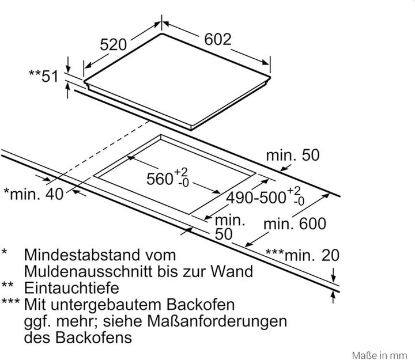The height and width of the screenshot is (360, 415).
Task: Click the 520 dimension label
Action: pyautogui.click(x=114, y=44)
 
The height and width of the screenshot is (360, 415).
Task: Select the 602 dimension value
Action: pyautogui.click(x=218, y=39)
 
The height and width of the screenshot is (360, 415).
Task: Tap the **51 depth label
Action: pyautogui.click(x=43, y=76)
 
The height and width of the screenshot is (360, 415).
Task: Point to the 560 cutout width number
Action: pyautogui.click(x=160, y=179)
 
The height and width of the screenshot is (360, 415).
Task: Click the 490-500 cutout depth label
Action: pyautogui.click(x=256, y=198)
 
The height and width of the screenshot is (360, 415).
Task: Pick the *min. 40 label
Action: pyautogui.click(x=33, y=194)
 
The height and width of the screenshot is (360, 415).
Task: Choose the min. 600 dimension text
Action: pyautogui.click(x=295, y=224)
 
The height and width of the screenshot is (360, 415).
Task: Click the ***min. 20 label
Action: pyautogui.click(x=303, y=255)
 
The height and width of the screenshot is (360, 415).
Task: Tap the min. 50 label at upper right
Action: pyautogui.click(x=293, y=155)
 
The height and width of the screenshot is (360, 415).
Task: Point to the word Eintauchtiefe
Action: pyautogui.click(x=71, y=288)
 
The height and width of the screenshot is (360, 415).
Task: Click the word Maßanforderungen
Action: pyautogui.click(x=217, y=321)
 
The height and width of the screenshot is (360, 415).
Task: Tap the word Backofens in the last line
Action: pyautogui.click(x=93, y=338)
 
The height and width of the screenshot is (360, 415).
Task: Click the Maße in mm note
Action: pyautogui.click(x=379, y=355)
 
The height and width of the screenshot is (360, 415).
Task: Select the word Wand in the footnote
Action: pyautogui.click(x=232, y=271)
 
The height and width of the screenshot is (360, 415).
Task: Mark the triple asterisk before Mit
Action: pyautogui.click(x=10, y=301)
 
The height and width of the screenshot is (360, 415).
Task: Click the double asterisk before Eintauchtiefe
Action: pyautogui.click(x=7, y=285)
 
